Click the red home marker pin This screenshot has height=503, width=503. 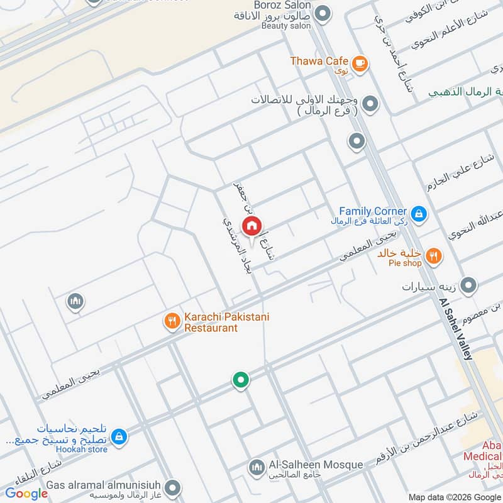[251, 226]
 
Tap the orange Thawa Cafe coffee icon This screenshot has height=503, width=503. [360, 62]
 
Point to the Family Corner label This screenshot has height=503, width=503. [372, 211]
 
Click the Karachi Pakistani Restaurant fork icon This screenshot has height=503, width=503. [172, 322]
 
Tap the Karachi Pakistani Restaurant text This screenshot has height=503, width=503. [226, 322]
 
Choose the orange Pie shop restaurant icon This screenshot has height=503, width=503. [433, 256]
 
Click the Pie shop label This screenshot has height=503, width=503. [404, 263]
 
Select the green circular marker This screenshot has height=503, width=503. [240, 380]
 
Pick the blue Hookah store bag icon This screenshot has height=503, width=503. [118, 435]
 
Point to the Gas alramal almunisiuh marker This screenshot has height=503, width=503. [172, 487]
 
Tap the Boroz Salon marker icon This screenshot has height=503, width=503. [323, 14]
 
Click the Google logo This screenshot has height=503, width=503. [26, 494]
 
